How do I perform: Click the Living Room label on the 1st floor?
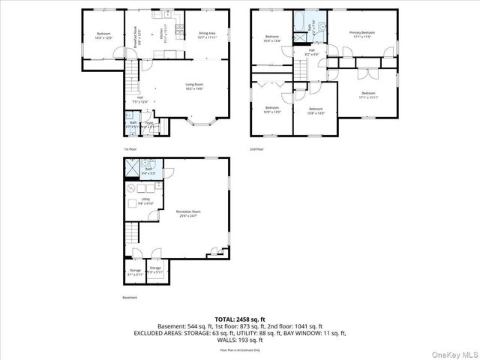[x=195, y=86]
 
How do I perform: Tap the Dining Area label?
[x=207, y=34]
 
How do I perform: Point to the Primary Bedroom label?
[x=362, y=34]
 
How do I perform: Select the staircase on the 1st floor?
[x=132, y=73]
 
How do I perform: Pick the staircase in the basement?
[x=132, y=232]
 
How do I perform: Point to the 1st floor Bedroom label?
[x=103, y=34]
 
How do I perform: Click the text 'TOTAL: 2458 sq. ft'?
[x=240, y=319]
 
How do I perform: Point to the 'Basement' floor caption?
[x=130, y=298]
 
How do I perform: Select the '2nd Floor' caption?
[x=257, y=149]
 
